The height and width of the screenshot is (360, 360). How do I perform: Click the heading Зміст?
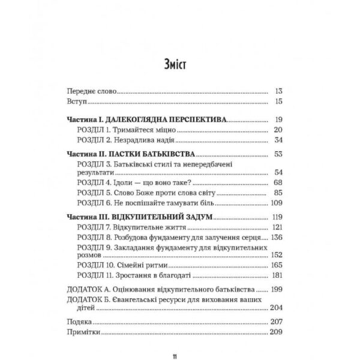tap(179, 64)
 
